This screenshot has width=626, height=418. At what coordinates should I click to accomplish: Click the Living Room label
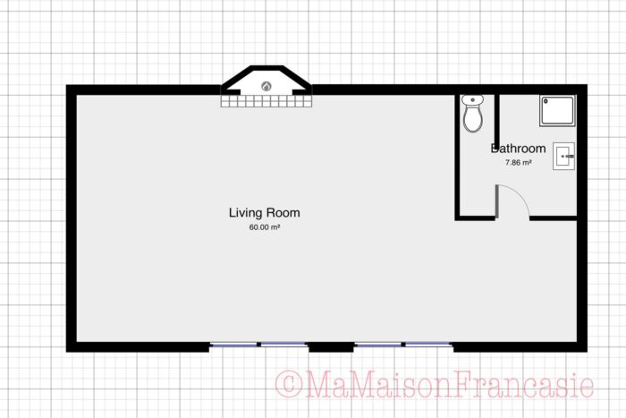click(x=264, y=213)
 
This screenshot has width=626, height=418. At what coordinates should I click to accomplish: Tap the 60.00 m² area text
click(x=265, y=228)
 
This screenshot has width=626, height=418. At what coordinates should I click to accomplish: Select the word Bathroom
click(x=518, y=149)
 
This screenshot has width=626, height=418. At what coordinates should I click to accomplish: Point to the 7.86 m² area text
click(x=519, y=163)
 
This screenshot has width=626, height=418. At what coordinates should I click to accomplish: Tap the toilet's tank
click(x=473, y=100)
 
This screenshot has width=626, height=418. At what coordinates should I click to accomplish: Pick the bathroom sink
click(x=564, y=157)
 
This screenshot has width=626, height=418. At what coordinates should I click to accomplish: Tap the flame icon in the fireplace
click(x=266, y=86)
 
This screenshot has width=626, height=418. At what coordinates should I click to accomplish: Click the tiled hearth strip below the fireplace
click(x=266, y=102)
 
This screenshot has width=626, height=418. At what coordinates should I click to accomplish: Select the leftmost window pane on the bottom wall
click(x=234, y=345)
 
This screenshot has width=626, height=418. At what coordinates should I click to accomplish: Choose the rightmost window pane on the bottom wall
click(x=428, y=345)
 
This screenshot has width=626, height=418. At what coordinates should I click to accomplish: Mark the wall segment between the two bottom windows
click(x=331, y=345)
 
